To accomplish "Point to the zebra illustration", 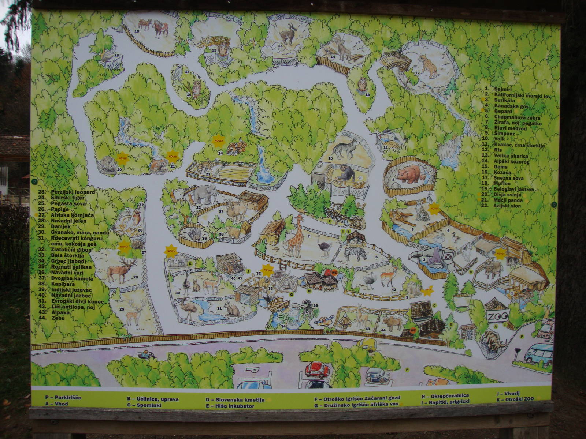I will point(355,252).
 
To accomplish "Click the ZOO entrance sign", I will point(498,316).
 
